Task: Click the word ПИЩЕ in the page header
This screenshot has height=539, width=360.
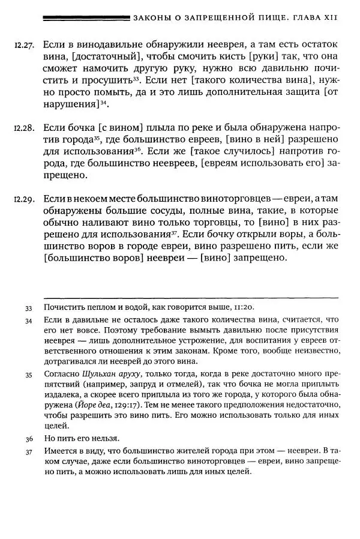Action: tap(268, 17)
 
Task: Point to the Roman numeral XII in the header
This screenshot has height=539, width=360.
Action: tap(330, 17)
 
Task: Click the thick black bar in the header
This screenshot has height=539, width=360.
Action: tap(87, 17)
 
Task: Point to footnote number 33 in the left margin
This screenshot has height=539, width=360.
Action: tap(29, 308)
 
